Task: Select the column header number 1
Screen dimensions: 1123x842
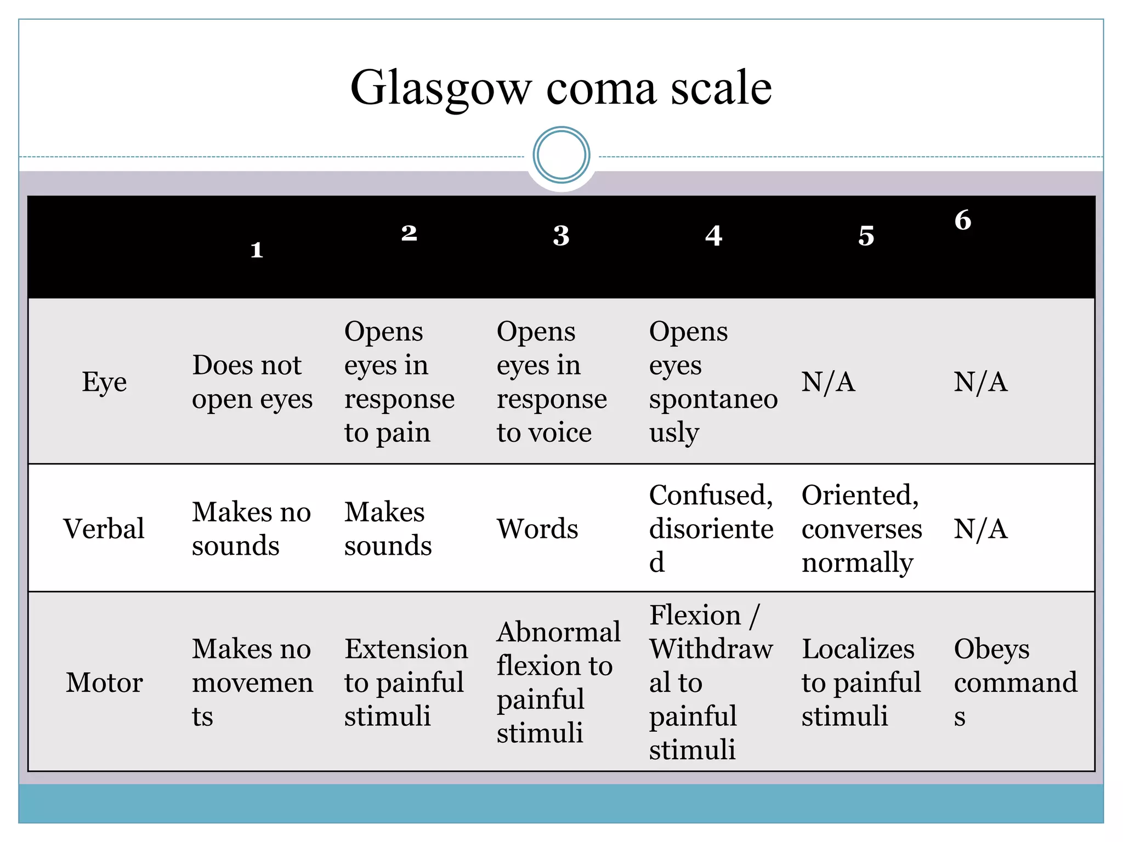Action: (257, 250)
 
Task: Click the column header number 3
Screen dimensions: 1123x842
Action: (561, 236)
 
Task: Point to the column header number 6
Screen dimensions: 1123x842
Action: (963, 220)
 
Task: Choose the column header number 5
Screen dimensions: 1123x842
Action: (866, 236)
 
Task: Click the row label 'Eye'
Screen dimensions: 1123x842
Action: (104, 382)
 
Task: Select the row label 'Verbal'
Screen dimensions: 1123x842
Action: (104, 529)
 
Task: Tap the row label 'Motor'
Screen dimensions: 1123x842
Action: (104, 682)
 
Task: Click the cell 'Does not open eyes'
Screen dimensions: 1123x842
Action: (252, 382)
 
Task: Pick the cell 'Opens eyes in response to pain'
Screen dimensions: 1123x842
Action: (399, 382)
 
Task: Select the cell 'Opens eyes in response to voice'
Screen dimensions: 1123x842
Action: (552, 382)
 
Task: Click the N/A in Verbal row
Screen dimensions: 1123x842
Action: (980, 529)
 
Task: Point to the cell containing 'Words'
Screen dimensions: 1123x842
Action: (537, 529)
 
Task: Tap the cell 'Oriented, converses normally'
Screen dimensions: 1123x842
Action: (861, 529)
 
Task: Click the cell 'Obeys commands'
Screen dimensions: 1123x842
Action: (1016, 682)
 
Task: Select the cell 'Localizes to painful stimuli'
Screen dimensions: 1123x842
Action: (861, 682)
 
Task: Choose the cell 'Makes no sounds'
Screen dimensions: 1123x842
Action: (251, 529)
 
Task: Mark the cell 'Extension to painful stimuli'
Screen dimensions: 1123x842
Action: (406, 682)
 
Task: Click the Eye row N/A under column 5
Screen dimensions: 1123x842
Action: (828, 382)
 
